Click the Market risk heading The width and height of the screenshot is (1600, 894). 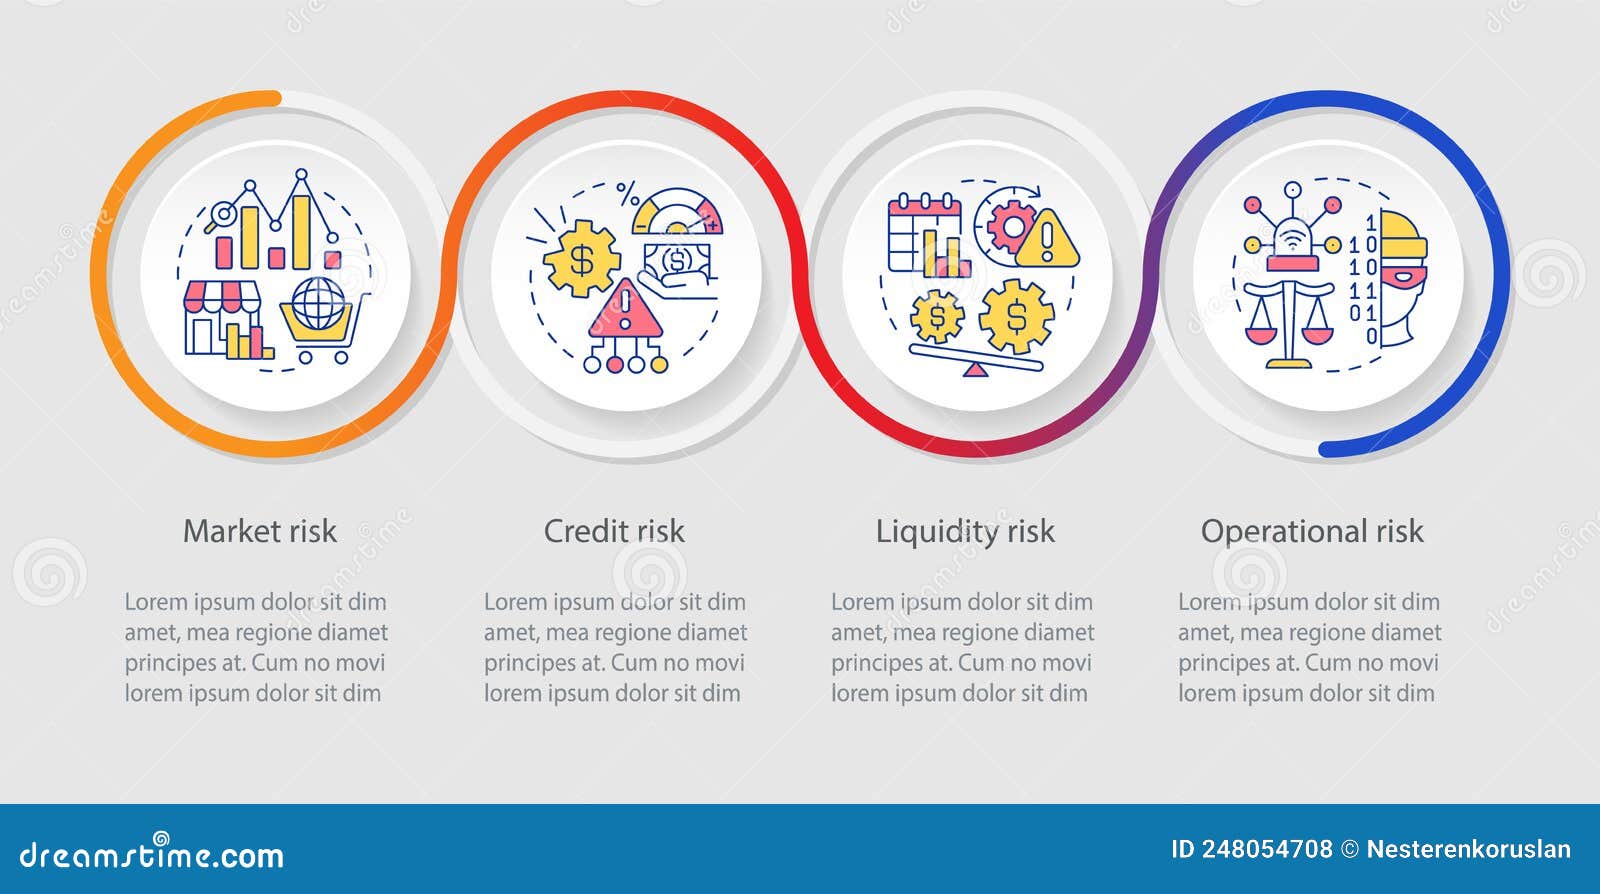(x=260, y=531)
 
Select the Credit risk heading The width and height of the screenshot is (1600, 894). (x=614, y=531)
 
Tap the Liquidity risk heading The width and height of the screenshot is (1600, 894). (x=965, y=531)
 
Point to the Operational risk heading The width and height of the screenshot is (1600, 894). (x=1312, y=531)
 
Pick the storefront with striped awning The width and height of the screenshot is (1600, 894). (x=222, y=315)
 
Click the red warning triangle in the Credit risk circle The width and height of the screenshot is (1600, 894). (x=626, y=310)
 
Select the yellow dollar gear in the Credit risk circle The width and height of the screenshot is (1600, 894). (x=581, y=259)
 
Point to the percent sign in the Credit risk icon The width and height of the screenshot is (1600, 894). (x=627, y=193)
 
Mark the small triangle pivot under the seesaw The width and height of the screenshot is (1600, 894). (x=974, y=370)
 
